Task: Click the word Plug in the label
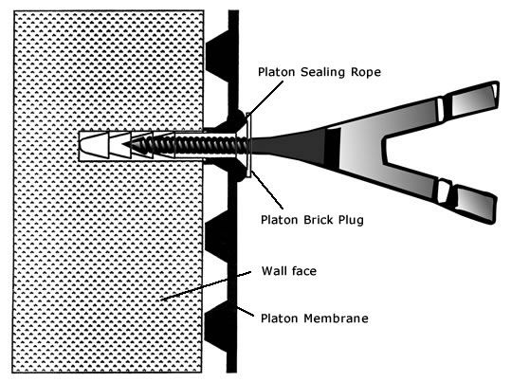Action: pyautogui.click(x=351, y=220)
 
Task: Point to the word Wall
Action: pyautogui.click(x=273, y=271)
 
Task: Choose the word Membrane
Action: pyautogui.click(x=336, y=318)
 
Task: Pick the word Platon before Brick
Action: pyautogui.click(x=280, y=220)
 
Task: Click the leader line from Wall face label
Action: pyautogui.click(x=207, y=285)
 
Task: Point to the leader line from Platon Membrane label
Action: pyautogui.click(x=245, y=311)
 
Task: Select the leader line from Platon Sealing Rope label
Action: pyautogui.click(x=265, y=98)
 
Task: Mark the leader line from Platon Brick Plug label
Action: pyautogui.click(x=267, y=190)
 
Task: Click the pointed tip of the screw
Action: pyautogui.click(x=123, y=144)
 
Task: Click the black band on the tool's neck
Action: pyautogui.click(x=333, y=148)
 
